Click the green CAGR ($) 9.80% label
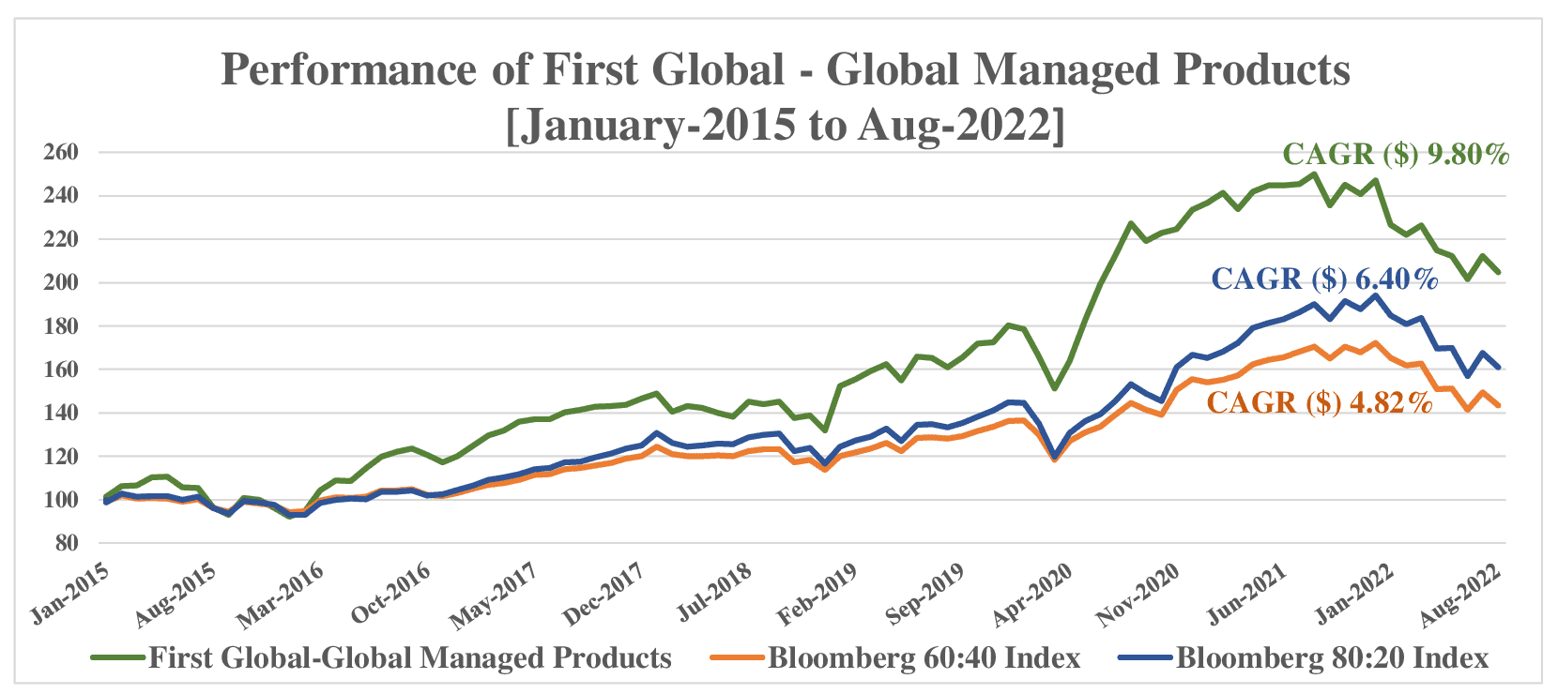click(x=1395, y=154)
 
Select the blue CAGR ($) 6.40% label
click(x=1323, y=279)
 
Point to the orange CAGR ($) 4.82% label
click(x=1319, y=402)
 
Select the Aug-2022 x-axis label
click(x=1460, y=595)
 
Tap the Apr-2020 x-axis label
click(x=1032, y=595)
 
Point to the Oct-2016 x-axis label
click(x=390, y=595)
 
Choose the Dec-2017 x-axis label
click(x=603, y=595)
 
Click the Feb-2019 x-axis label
click(x=817, y=595)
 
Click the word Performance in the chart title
click(x=348, y=69)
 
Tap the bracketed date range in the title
click(x=786, y=125)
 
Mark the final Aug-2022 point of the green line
click(x=1499, y=273)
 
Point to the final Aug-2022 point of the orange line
click(x=1499, y=406)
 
